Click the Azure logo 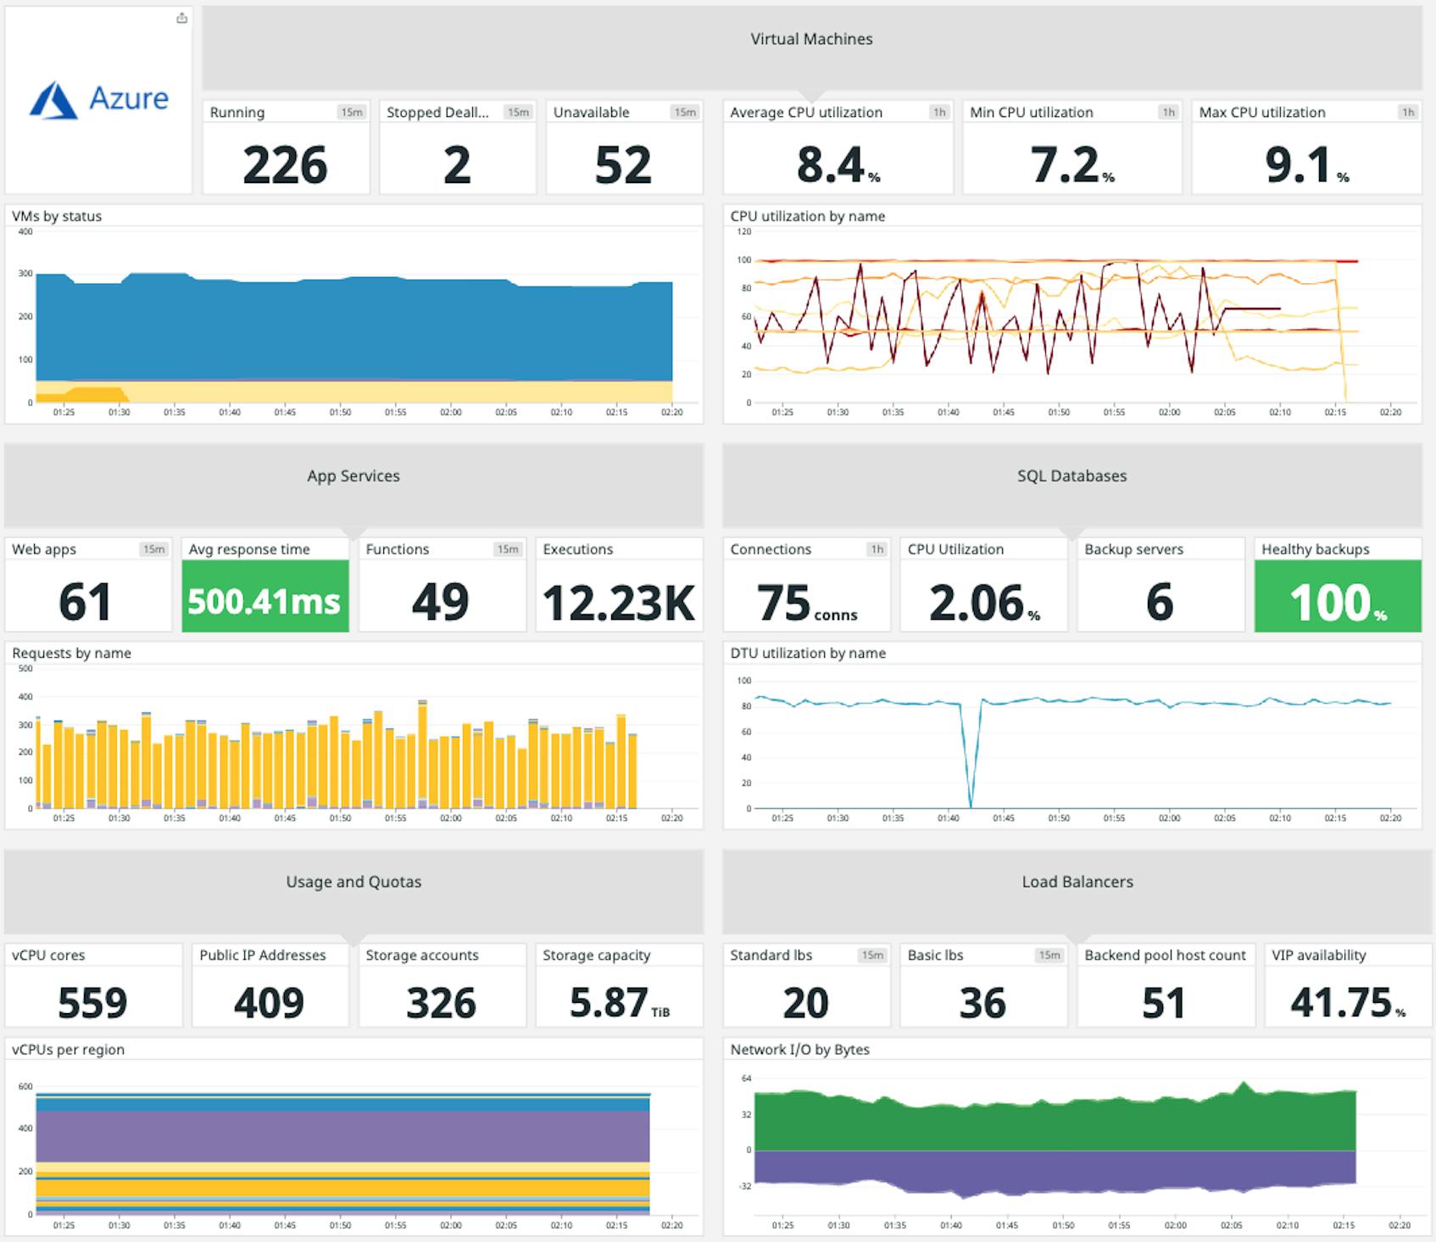(x=99, y=99)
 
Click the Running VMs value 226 (x=285, y=164)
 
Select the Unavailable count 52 (x=623, y=164)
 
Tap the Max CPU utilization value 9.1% (x=1305, y=164)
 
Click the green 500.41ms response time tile (x=264, y=601)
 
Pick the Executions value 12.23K (x=619, y=603)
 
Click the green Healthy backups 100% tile (x=1337, y=601)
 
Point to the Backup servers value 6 (x=1159, y=602)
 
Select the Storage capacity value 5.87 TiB (x=619, y=1003)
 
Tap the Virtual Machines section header (x=811, y=39)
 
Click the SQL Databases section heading (x=1071, y=476)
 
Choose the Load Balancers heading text (x=1077, y=882)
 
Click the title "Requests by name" (x=71, y=653)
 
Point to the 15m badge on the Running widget (x=351, y=112)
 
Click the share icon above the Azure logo (x=181, y=18)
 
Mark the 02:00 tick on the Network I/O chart (x=1175, y=1225)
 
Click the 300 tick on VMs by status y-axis (x=25, y=273)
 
